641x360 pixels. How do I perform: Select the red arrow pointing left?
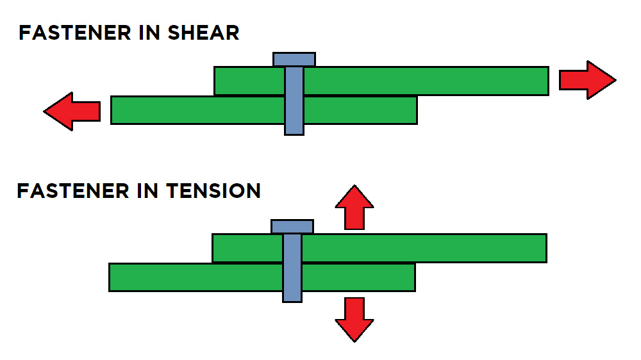point(72,111)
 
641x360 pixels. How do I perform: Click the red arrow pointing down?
point(354,319)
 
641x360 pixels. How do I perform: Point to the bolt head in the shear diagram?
point(294,60)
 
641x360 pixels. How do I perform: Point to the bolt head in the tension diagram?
point(292,226)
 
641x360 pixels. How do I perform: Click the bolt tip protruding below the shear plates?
point(294,129)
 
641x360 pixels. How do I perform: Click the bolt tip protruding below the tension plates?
point(292,297)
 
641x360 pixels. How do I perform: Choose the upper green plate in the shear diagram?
point(423,81)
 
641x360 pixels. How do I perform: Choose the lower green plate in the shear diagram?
point(192,110)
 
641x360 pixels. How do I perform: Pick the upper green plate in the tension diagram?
point(423,248)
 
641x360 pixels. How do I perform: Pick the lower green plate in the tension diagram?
point(192,277)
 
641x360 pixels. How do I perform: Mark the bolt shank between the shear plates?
point(294,95)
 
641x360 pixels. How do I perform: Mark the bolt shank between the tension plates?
point(292,263)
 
